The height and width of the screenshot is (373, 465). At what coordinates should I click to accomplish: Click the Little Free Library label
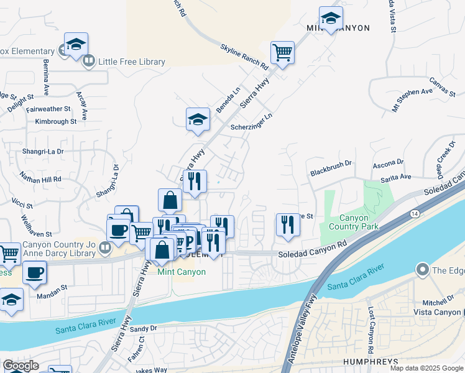131,62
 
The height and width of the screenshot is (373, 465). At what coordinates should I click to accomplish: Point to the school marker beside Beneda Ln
198,119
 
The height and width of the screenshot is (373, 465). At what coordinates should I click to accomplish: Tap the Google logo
21,366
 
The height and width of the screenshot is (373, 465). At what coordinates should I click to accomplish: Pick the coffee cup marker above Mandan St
34,272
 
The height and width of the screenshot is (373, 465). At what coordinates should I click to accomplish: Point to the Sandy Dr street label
144,328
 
